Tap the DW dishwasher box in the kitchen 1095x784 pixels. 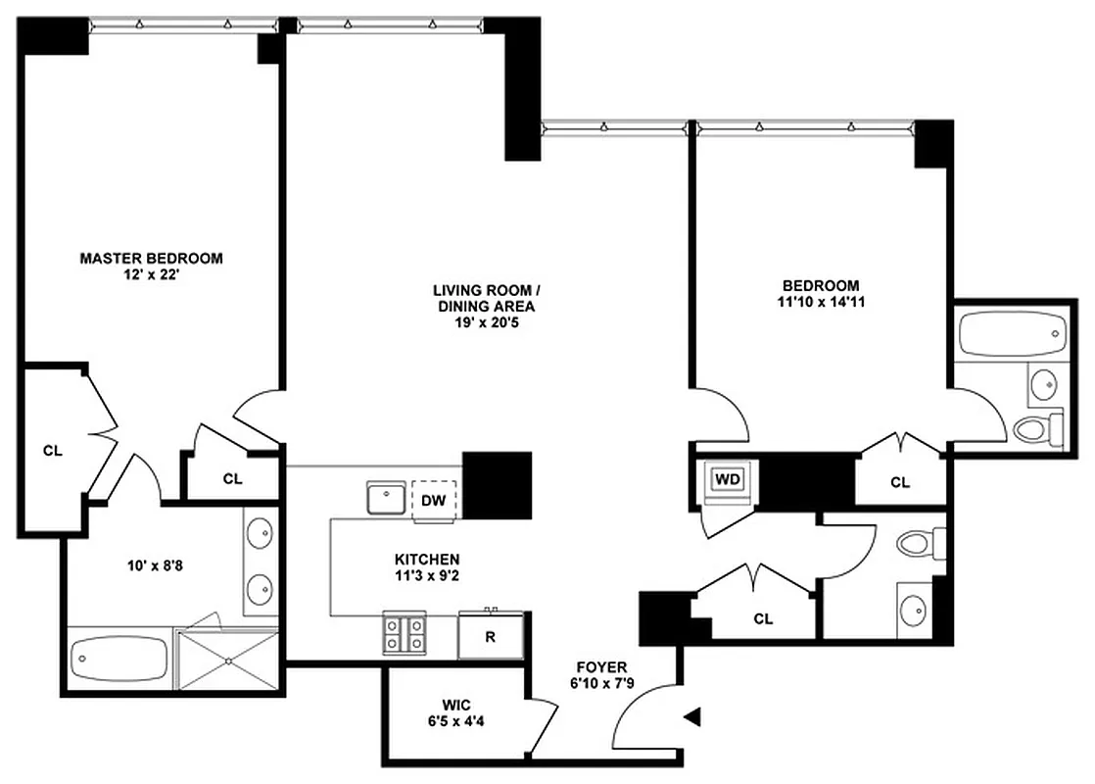point(433,500)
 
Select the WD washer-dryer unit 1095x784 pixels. point(727,479)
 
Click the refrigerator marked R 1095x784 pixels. point(491,635)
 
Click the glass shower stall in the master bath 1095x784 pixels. point(227,661)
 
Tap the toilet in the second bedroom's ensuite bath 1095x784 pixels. point(1036,428)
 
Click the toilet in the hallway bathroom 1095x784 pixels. point(922,543)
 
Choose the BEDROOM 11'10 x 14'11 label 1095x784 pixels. point(821,294)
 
